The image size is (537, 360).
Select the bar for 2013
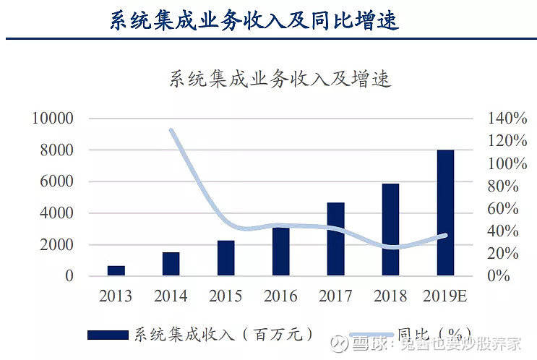[x=116, y=270]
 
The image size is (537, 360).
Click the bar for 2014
[x=171, y=264]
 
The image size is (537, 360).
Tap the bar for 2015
[x=226, y=258]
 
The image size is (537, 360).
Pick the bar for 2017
[x=335, y=239]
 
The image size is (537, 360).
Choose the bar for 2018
[x=390, y=229]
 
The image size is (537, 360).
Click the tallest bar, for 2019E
[x=445, y=213]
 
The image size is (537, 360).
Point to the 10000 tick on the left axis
[x=53, y=119]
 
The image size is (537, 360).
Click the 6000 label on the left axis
[x=56, y=181]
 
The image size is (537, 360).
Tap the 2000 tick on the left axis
[x=56, y=245]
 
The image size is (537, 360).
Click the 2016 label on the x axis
[x=280, y=296]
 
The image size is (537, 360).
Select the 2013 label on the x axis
[x=116, y=296]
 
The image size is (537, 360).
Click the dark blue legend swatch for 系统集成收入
[x=109, y=335]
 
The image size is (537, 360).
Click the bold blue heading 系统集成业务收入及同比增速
[x=254, y=20]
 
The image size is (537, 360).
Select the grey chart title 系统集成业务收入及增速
[x=280, y=78]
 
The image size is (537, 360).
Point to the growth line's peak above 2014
[x=171, y=131]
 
